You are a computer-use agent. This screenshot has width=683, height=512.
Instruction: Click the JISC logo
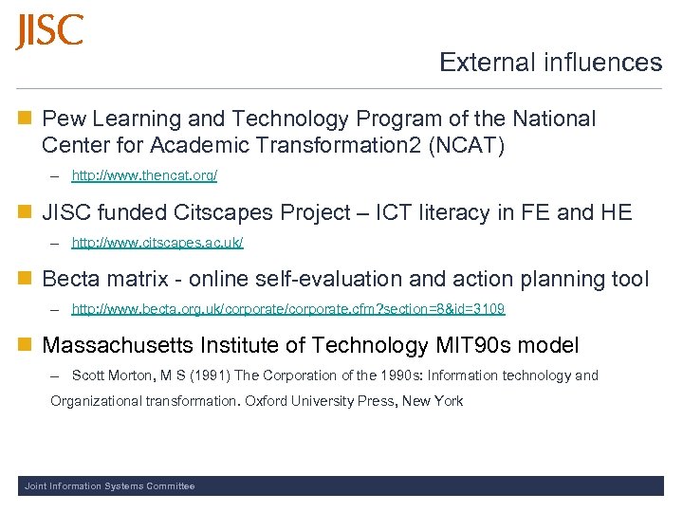(x=49, y=32)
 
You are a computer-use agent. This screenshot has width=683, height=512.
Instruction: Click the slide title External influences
(x=550, y=63)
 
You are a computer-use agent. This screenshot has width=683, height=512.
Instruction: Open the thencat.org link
(x=144, y=175)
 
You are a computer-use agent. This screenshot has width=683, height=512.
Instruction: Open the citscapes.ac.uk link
(x=157, y=243)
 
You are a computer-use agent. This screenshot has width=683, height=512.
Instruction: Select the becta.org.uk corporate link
(x=288, y=309)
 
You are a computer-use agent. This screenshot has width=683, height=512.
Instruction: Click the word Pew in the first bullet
(x=62, y=119)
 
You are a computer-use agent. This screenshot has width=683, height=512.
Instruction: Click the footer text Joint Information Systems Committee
(x=109, y=486)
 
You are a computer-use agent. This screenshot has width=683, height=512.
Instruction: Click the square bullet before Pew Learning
(x=25, y=119)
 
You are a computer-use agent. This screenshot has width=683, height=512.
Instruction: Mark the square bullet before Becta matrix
(x=25, y=280)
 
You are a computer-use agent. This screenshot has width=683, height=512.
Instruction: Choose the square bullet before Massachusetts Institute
(x=25, y=346)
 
